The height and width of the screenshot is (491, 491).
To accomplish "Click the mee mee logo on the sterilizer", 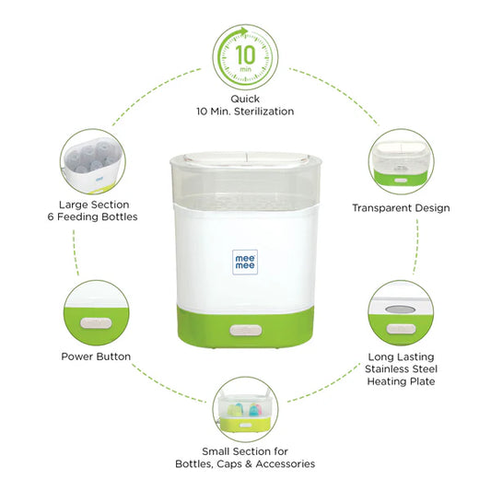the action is pyautogui.click(x=245, y=263).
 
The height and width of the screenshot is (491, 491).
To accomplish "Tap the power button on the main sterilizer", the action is pyautogui.click(x=245, y=331).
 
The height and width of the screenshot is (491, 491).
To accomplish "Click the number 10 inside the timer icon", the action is pyautogui.click(x=245, y=54).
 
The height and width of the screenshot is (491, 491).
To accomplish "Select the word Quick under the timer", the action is pyautogui.click(x=245, y=99).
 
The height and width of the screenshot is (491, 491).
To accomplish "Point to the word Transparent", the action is pyautogui.click(x=382, y=208).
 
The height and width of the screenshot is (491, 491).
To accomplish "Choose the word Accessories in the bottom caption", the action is pyautogui.click(x=286, y=463).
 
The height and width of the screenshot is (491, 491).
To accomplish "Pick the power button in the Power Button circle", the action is pyautogui.click(x=96, y=323).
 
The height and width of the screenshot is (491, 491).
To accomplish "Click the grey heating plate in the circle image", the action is pyautogui.click(x=401, y=310).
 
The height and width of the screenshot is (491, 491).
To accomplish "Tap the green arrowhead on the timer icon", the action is pyautogui.click(x=242, y=32).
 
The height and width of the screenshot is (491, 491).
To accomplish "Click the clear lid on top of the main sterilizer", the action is pyautogui.click(x=246, y=158).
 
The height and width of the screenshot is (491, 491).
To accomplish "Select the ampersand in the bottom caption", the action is pyautogui.click(x=249, y=463).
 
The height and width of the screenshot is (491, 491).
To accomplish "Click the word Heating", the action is pyautogui.click(x=385, y=381).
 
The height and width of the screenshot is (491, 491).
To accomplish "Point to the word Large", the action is pyautogui.click(x=74, y=205).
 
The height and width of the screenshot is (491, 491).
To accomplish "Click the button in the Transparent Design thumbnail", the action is pyautogui.click(x=401, y=181).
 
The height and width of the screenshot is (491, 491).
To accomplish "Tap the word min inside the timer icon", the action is pyautogui.click(x=245, y=69).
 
